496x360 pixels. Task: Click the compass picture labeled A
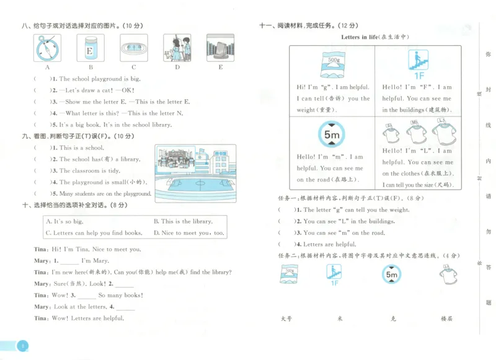tap(48, 47)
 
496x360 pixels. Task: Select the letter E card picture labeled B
tap(90, 47)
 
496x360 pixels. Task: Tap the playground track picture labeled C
tap(133, 48)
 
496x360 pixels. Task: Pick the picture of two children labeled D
tap(177, 47)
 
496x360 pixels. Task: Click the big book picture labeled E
tap(220, 47)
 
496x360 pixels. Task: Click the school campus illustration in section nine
tap(195, 170)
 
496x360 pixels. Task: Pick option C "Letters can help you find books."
tap(91, 233)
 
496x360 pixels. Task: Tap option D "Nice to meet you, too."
tap(188, 233)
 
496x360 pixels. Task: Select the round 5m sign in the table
tap(331, 134)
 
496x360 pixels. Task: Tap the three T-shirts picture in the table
tap(417, 131)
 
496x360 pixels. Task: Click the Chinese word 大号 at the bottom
tap(286, 318)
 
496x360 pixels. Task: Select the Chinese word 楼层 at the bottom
tap(446, 318)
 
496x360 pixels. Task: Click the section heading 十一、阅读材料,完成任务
tap(308, 25)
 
